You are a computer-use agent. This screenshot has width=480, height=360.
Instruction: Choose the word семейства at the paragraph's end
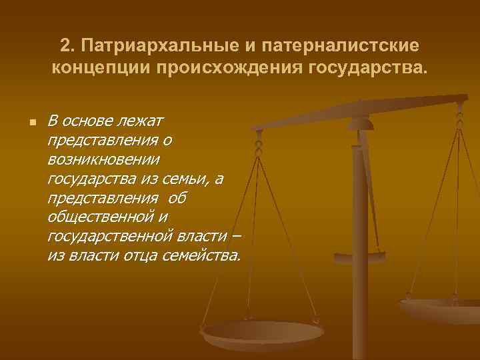click(200, 257)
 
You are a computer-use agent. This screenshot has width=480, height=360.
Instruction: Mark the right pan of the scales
click(443, 309)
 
